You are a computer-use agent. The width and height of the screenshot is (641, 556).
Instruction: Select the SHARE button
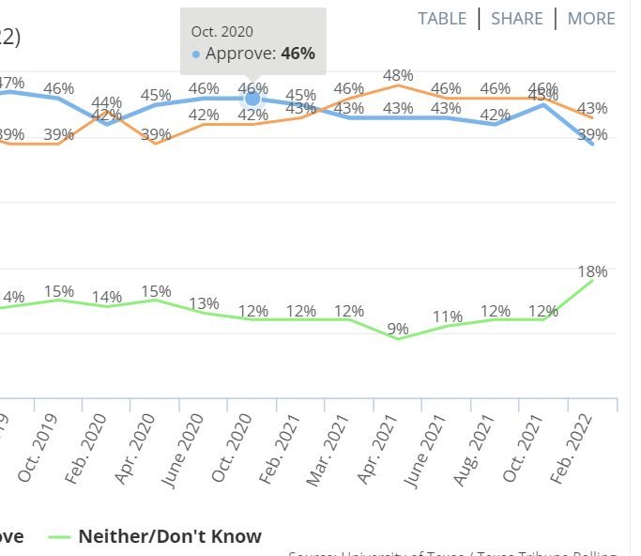517,19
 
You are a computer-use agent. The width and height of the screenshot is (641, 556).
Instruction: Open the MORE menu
591,19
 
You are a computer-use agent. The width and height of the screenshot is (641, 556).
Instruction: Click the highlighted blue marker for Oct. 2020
252,99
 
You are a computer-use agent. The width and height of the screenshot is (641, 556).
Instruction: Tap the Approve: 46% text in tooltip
260,54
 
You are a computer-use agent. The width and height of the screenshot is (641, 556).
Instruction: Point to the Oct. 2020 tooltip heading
222,32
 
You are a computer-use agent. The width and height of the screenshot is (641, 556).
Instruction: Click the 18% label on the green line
593,271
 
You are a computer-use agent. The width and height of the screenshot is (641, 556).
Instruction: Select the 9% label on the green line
398,329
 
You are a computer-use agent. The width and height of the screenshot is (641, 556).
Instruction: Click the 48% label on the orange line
398,75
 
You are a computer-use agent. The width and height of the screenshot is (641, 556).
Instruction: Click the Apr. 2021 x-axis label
379,450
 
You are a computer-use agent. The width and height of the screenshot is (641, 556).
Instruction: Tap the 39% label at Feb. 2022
592,135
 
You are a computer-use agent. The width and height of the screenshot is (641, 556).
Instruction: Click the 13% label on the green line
204,303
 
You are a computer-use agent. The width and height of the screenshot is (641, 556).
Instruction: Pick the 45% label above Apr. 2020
155,95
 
